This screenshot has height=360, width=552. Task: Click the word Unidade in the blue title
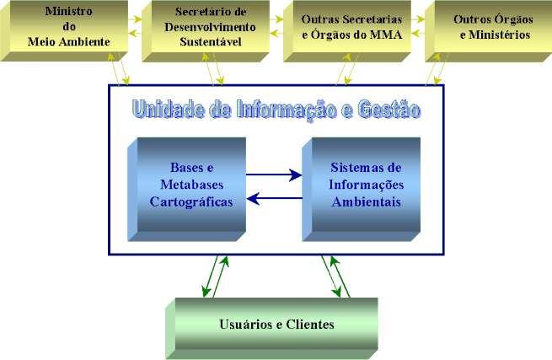pos(167,109)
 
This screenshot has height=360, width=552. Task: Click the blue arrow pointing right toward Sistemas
pos(274,175)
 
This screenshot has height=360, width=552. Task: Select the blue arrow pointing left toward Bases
pos(274,198)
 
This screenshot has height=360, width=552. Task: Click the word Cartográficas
pos(191,201)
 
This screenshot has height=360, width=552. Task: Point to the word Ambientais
pos(367,202)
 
